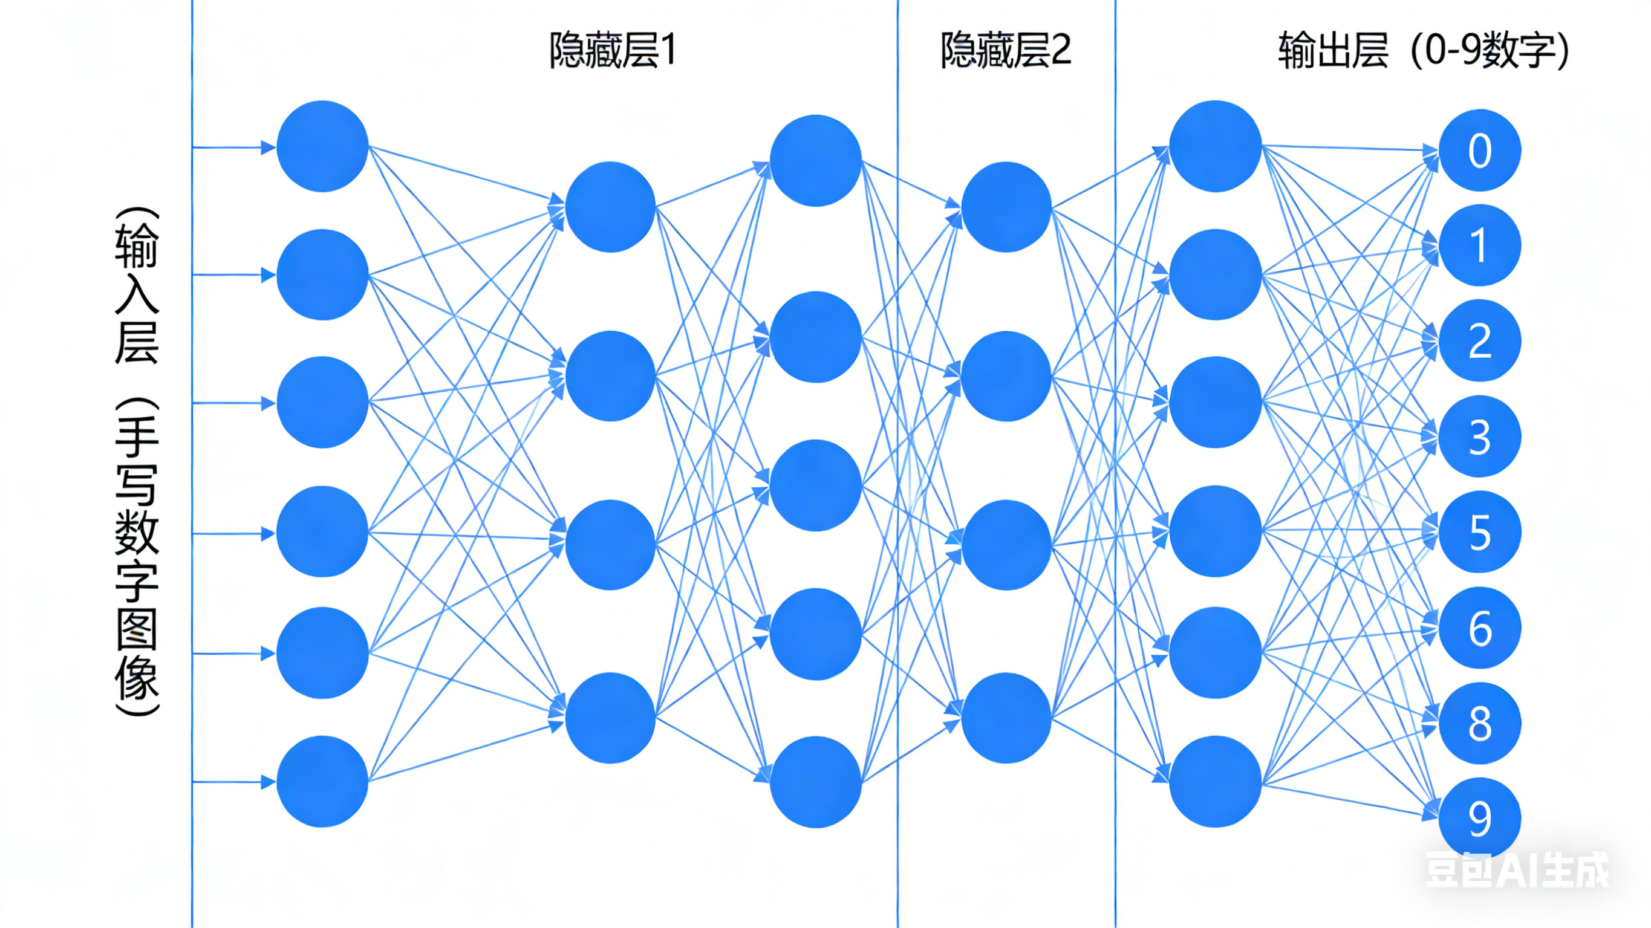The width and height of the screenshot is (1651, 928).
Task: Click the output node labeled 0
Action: pos(1479,151)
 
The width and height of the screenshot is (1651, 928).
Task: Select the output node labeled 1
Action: pos(1479,245)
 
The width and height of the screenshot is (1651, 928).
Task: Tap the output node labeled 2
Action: pos(1479,340)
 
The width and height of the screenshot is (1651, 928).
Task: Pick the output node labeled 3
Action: pos(1479,436)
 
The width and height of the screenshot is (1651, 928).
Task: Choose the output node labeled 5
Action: pos(1479,532)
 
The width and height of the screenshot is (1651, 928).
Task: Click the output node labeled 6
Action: pos(1479,628)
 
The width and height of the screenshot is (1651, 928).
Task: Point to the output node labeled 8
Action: pos(1479,723)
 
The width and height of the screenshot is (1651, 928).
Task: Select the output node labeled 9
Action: pos(1479,818)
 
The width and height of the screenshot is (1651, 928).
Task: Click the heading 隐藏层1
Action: pos(613,50)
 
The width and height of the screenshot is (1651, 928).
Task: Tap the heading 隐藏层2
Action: pos(1006,50)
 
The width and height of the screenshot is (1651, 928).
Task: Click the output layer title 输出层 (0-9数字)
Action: pos(1424,50)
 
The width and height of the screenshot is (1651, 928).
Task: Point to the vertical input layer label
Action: pos(137,461)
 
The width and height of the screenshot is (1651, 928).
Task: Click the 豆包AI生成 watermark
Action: pos(1516,870)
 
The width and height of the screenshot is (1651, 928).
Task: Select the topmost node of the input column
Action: pos(322,146)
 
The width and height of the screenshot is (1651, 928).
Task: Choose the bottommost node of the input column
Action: pos(322,781)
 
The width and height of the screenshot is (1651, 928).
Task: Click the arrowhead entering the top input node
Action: pos(269,148)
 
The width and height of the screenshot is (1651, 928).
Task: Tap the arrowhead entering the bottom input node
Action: pos(269,782)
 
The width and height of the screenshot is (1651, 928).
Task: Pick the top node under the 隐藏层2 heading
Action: pos(1006,206)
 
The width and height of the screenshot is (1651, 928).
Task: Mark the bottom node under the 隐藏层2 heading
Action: pos(1006,718)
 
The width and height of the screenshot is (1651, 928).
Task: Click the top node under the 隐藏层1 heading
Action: pos(610,206)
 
